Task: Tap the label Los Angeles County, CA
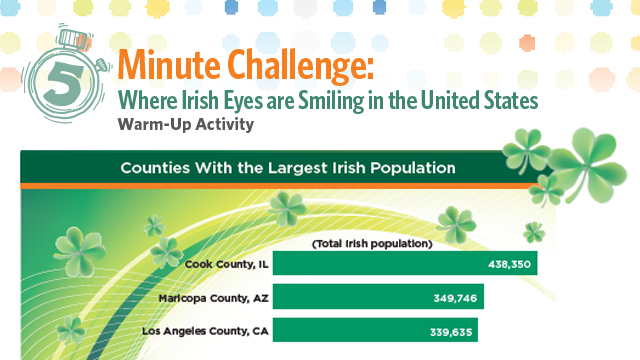pos(206,330)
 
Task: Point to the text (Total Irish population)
pos(371,244)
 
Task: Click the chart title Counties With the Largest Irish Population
pos(288,167)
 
